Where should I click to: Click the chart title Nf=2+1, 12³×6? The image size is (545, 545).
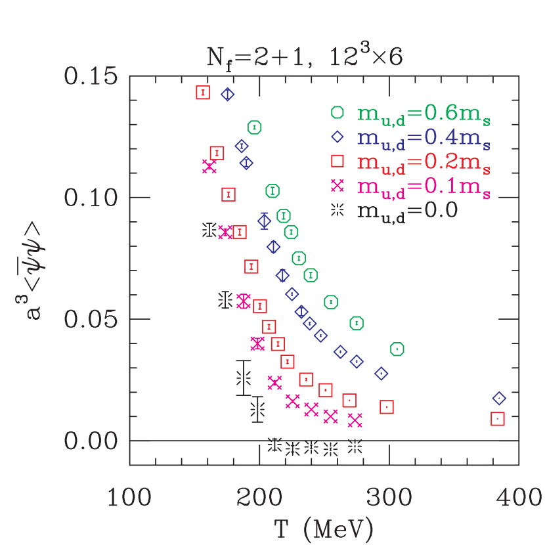pyautogui.click(x=304, y=59)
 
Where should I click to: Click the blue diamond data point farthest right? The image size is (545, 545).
pyautogui.click(x=499, y=399)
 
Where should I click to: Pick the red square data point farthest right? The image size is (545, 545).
pyautogui.click(x=498, y=418)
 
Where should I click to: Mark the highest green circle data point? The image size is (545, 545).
pyautogui.click(x=255, y=127)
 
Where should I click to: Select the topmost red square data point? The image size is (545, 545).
pyautogui.click(x=203, y=93)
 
